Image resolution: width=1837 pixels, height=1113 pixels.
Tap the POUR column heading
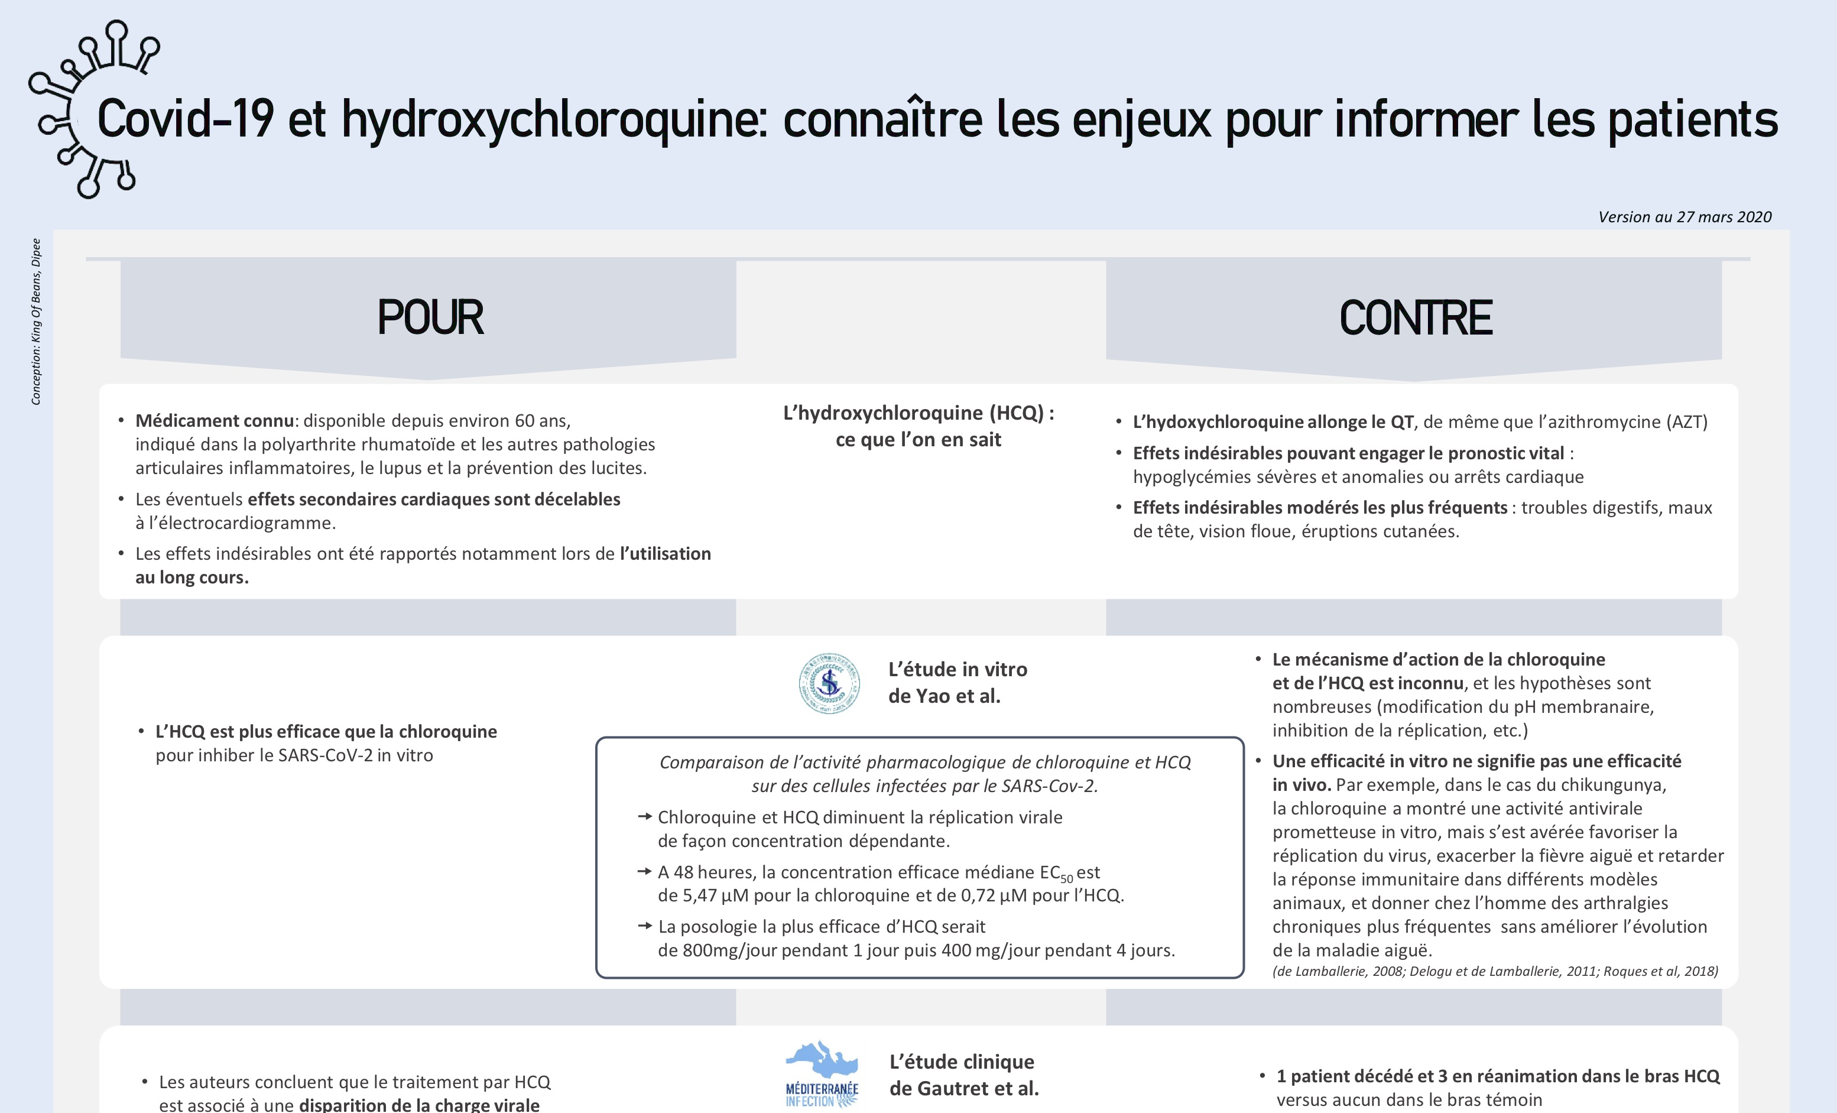[430, 317]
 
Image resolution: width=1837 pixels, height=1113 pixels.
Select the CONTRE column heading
[1415, 319]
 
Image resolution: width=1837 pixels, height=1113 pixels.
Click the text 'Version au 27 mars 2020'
[1684, 217]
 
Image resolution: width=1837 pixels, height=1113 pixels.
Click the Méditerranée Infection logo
[822, 1074]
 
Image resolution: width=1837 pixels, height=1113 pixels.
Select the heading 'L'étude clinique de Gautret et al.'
[963, 1075]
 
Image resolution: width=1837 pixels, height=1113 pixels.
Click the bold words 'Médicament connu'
[215, 421]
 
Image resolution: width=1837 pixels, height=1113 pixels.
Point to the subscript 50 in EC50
[1066, 879]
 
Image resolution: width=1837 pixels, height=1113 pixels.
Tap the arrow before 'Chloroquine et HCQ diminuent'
[645, 817]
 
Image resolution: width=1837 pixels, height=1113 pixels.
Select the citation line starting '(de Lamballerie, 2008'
[1495, 971]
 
